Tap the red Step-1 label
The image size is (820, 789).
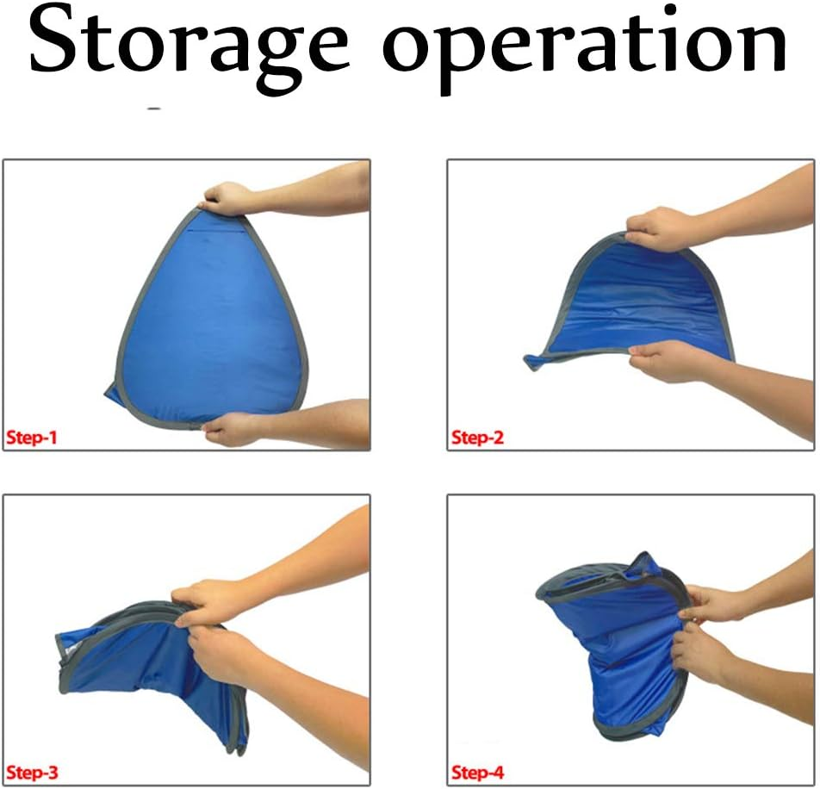point(32,438)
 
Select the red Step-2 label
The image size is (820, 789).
point(476,438)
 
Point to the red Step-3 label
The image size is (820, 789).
point(32,772)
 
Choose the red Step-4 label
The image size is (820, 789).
point(476,772)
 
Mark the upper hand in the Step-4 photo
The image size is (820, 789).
point(710,604)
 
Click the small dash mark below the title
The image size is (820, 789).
point(154,109)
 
